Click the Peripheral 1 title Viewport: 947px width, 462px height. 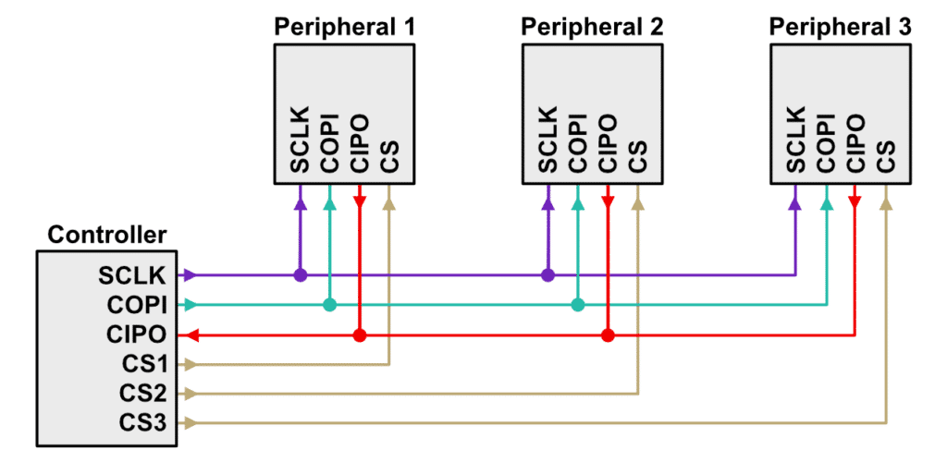[x=344, y=26]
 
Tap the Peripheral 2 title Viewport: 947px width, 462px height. [x=593, y=26]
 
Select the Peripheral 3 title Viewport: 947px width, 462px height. [x=841, y=26]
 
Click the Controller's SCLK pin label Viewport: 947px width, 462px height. [x=132, y=275]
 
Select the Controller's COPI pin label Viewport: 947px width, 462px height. [x=134, y=305]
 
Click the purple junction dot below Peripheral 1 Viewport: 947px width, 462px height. [x=300, y=275]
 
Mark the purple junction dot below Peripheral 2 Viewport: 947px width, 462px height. [x=547, y=275]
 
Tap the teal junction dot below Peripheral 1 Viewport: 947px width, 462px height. [x=329, y=305]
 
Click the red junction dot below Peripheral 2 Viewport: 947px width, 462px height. [x=607, y=334]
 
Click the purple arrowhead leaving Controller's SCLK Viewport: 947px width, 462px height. [x=190, y=275]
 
